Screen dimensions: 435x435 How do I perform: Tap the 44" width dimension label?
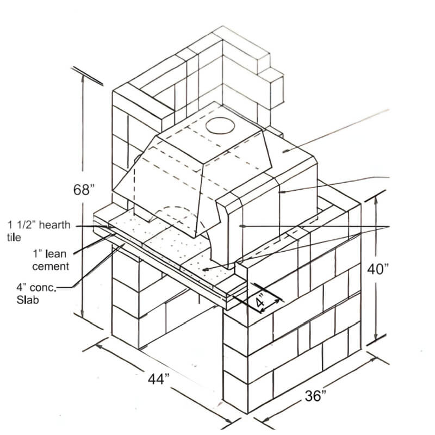coord(159,379)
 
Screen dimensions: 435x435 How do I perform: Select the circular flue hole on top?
coord(221,126)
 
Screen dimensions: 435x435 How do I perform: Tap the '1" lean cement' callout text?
coord(50,260)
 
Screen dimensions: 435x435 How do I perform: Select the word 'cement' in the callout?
coord(50,266)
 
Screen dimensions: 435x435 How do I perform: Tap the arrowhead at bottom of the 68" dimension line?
coord(83,316)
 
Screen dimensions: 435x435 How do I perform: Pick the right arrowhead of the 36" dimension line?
coord(372,356)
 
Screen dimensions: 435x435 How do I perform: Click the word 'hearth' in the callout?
coord(53,225)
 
